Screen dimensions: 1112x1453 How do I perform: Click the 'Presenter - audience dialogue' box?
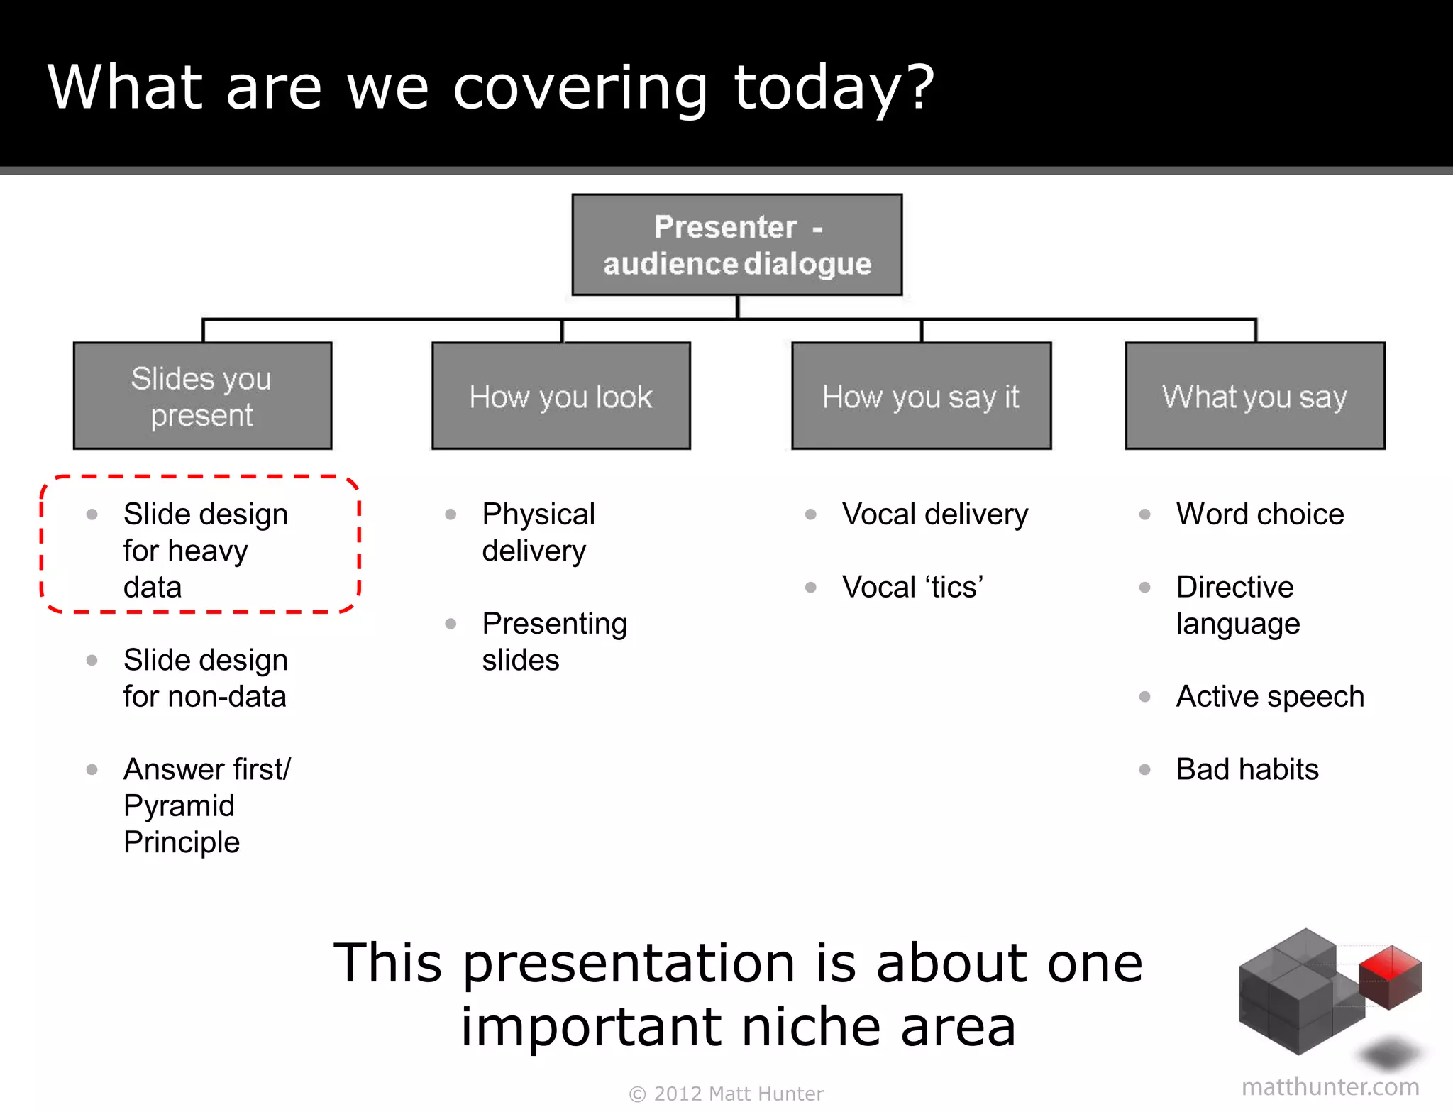[x=737, y=245]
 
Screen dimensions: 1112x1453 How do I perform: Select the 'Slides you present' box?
[x=202, y=396]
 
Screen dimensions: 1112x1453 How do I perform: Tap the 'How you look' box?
[x=561, y=396]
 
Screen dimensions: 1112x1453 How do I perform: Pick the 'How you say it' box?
[x=921, y=396]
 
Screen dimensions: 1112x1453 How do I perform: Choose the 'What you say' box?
[x=1254, y=396]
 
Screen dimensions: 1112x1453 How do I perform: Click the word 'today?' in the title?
[x=834, y=88]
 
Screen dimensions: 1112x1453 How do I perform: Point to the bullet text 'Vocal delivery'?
[x=935, y=514]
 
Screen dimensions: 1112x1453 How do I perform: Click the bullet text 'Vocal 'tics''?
[x=912, y=587]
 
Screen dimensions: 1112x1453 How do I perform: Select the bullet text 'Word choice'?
[x=1260, y=514]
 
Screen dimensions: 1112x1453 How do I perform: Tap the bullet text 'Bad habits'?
[x=1247, y=769]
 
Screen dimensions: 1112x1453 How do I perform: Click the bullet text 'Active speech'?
[x=1270, y=696]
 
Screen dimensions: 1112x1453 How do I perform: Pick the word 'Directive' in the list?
[x=1234, y=587]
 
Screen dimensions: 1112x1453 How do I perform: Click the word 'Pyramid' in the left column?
[x=179, y=805]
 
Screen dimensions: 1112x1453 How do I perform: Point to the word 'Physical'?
[x=538, y=514]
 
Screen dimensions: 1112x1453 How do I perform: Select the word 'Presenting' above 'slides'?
[x=555, y=623]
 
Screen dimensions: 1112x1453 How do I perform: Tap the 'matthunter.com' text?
[x=1330, y=1086]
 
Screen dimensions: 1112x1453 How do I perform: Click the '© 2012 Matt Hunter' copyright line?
[x=726, y=1094]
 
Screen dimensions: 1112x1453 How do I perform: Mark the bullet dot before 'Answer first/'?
[x=92, y=769]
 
